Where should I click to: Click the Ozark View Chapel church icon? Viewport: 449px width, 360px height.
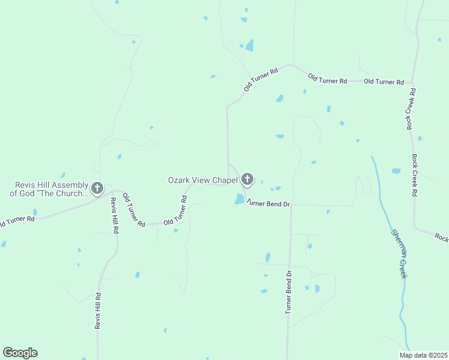click(x=247, y=179)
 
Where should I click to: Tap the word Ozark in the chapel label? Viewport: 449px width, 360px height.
click(x=179, y=180)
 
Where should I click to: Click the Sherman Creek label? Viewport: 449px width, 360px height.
click(x=400, y=253)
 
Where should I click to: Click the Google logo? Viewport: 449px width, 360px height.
click(x=20, y=353)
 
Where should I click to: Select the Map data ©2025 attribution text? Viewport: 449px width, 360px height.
click(x=423, y=355)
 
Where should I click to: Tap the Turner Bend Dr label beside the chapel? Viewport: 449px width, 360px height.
click(x=268, y=204)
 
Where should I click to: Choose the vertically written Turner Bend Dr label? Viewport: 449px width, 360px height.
click(x=289, y=292)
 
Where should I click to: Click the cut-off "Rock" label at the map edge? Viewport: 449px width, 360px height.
click(x=441, y=238)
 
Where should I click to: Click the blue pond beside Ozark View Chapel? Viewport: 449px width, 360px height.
click(x=240, y=199)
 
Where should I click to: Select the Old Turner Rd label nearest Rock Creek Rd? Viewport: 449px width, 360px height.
click(x=384, y=82)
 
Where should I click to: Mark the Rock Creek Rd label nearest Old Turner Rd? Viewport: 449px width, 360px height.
click(x=411, y=109)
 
